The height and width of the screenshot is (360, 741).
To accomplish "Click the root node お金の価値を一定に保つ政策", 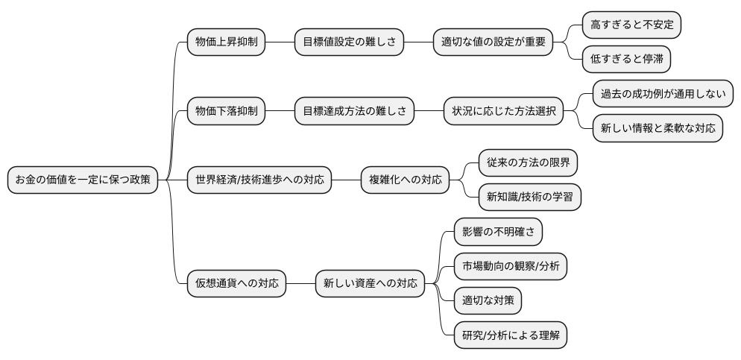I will tap(83, 180).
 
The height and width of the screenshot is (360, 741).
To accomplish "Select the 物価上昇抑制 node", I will tap(226, 42).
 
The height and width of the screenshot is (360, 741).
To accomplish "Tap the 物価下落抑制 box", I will tap(226, 111).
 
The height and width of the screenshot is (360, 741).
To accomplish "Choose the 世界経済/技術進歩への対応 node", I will tap(259, 180).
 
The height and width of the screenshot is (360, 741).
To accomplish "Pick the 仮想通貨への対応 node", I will tap(236, 283).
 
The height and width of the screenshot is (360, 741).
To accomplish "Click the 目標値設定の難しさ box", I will tap(349, 42).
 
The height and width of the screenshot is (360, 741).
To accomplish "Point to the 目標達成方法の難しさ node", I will tap(354, 111).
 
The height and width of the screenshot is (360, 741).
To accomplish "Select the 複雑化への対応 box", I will tap(406, 180).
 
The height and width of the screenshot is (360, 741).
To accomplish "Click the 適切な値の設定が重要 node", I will tap(493, 42).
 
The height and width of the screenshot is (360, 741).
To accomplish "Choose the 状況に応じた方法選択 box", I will tap(503, 111).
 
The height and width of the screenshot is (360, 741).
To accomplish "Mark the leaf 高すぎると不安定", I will tap(631, 25).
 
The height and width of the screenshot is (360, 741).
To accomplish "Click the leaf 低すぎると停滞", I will tap(626, 60).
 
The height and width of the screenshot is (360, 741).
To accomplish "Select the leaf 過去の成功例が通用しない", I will tap(663, 94).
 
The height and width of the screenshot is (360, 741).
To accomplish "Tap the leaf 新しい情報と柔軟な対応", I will tap(658, 128).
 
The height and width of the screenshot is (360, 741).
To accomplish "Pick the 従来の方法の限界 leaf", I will tap(528, 162).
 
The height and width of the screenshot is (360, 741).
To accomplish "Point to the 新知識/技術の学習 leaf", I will tap(529, 197).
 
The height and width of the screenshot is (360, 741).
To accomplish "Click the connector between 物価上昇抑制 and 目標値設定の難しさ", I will tap(280, 42).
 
